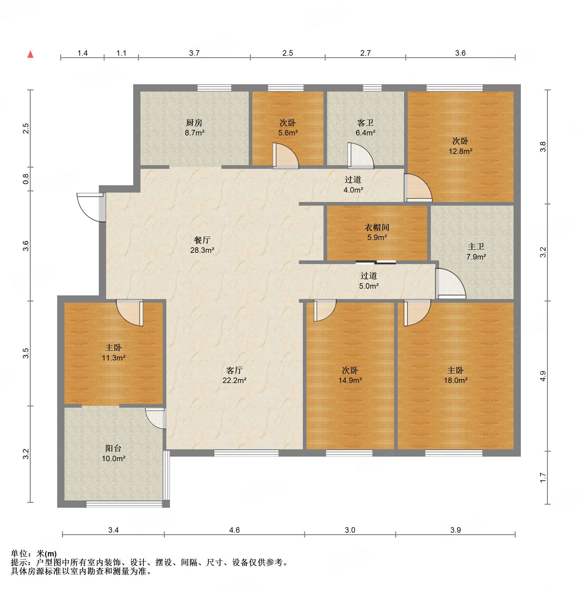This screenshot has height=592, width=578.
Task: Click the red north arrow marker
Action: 30,54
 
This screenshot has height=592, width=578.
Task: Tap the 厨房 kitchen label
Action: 194,123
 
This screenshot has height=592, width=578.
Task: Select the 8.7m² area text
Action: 195,133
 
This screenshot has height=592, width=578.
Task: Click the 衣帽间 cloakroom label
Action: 377,227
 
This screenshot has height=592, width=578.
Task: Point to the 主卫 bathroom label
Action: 476,246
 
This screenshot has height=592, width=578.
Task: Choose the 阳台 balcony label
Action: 113,448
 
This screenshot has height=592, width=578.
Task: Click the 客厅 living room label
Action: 234,370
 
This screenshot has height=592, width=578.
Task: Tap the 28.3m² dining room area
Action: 202,250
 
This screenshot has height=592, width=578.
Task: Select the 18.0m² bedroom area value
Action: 455,380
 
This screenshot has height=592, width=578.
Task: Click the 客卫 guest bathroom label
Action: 365,123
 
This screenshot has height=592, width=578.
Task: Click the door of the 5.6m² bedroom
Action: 286,156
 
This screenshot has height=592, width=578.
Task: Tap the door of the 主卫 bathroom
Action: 451,284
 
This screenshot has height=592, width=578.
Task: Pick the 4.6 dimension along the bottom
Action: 234,530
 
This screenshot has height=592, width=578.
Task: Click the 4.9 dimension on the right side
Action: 543,376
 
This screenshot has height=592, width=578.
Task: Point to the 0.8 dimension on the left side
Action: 26,179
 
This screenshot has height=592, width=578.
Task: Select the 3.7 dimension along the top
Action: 194,53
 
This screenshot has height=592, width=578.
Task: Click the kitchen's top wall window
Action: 214,88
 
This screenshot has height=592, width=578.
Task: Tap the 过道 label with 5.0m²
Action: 369,276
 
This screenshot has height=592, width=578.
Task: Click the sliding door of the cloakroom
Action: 376,262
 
